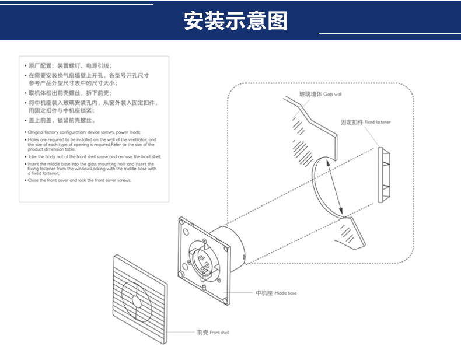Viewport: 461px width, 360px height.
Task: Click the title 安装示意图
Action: tap(235, 20)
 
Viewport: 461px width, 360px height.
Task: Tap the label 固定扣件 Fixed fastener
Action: tap(365, 123)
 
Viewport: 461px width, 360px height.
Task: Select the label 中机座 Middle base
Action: tap(276, 293)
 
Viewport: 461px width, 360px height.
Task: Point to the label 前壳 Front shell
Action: tap(213, 332)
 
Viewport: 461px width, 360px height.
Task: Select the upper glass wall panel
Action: tap(312, 128)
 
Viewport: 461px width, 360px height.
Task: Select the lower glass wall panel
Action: tap(353, 233)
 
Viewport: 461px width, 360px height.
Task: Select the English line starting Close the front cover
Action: tap(79, 180)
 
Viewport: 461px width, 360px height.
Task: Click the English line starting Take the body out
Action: tap(94, 157)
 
